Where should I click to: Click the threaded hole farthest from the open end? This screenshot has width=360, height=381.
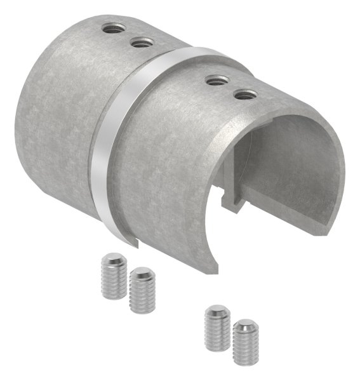click(114, 29)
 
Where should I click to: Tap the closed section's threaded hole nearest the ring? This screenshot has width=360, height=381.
click(142, 43)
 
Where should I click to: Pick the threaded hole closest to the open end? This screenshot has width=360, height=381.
click(245, 95)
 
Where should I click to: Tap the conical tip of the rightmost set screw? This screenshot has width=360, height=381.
click(244, 328)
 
